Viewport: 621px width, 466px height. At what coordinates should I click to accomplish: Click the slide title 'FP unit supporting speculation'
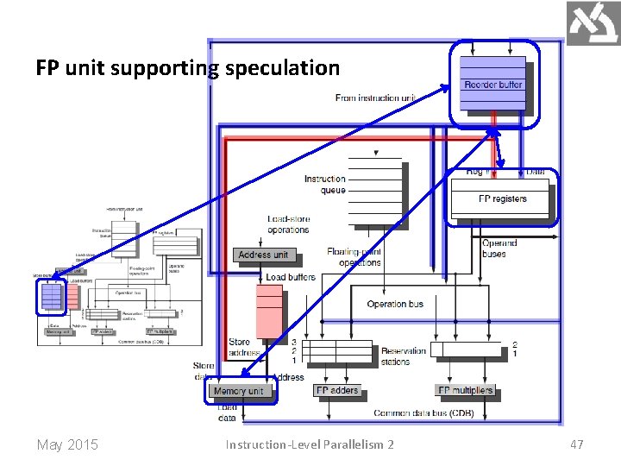[x=188, y=67]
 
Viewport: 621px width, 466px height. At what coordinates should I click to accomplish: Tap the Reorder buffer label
[x=492, y=85]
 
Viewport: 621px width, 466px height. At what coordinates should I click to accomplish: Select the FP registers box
[x=502, y=199]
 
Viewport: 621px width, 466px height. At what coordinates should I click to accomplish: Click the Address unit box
[x=263, y=255]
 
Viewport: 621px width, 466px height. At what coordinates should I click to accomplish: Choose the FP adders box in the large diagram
[x=336, y=391]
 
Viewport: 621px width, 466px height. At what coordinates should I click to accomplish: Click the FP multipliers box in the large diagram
[x=466, y=391]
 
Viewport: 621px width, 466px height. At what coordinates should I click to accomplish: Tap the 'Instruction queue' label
[x=324, y=185]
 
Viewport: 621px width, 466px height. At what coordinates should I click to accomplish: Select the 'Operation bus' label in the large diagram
[x=395, y=304]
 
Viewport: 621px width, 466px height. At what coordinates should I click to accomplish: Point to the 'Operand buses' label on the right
[x=499, y=249]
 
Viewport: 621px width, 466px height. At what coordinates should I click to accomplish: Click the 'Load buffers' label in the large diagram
[x=291, y=277]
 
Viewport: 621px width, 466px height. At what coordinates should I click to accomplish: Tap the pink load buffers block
[x=269, y=311]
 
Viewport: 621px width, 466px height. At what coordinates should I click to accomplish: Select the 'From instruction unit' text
[x=374, y=98]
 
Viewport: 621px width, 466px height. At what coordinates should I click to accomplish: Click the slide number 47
[x=576, y=444]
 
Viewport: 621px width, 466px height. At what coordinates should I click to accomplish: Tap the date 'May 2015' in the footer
[x=67, y=444]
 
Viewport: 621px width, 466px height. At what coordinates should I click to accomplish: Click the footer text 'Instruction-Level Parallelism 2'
[x=310, y=444]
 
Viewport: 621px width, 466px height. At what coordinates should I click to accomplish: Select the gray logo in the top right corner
[x=593, y=23]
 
